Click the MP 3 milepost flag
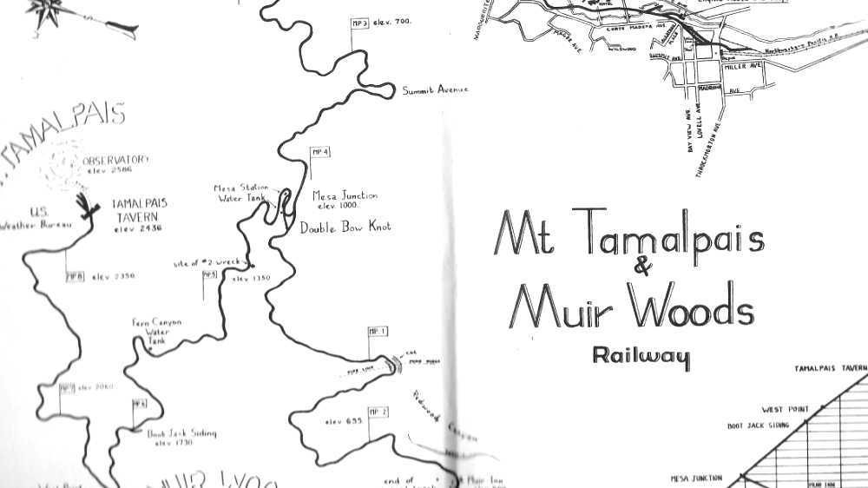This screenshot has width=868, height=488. (x=359, y=23)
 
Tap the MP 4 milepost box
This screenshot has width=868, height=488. (x=320, y=153)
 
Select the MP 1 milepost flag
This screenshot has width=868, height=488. (x=378, y=331)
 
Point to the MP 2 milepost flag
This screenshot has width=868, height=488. (x=378, y=411)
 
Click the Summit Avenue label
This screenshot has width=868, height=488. (x=435, y=90)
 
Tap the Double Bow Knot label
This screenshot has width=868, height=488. (x=345, y=228)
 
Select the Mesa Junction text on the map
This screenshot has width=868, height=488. (x=345, y=196)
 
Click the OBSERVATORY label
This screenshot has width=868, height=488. (x=115, y=160)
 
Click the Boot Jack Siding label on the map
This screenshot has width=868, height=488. (x=181, y=433)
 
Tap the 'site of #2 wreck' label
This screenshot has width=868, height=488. (x=209, y=262)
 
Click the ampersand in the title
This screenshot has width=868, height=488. (x=643, y=267)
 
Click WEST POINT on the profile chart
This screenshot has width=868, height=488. (x=785, y=409)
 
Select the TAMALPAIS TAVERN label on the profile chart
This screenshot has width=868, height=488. (x=831, y=368)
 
